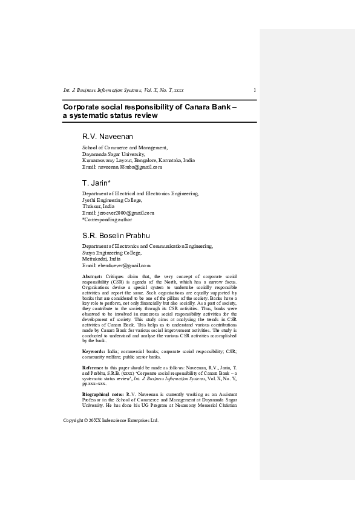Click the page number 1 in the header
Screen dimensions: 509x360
(255, 90)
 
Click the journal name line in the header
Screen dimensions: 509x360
(123, 90)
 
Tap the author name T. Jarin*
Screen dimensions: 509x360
(95, 183)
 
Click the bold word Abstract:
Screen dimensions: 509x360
(93, 276)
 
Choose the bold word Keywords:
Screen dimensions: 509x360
(94, 351)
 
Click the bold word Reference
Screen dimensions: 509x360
(94, 368)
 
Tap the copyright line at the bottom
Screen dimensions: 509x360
(111, 420)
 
